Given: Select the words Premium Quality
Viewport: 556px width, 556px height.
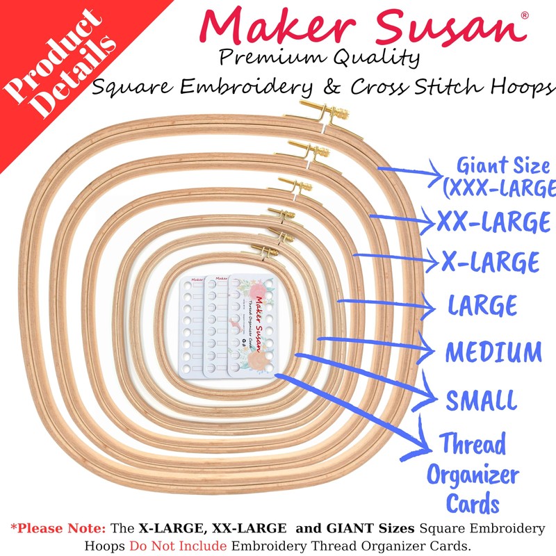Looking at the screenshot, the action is (320, 58).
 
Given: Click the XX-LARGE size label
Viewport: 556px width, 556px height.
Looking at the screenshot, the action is (493, 222).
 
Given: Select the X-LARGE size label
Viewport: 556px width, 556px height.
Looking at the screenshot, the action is (491, 262).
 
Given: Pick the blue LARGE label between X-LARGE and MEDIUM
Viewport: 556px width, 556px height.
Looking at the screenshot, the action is (482, 306).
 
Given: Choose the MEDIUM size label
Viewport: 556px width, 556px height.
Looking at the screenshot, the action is (493, 352).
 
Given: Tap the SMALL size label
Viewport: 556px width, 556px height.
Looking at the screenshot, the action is (482, 400).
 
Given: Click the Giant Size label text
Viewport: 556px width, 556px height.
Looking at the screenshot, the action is (504, 177).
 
